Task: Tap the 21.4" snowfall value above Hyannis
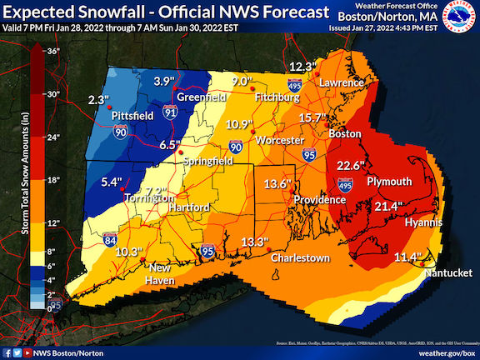click(387, 206)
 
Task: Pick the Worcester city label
click(281, 140)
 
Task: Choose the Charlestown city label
click(299, 258)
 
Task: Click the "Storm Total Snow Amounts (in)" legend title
click(15, 178)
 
